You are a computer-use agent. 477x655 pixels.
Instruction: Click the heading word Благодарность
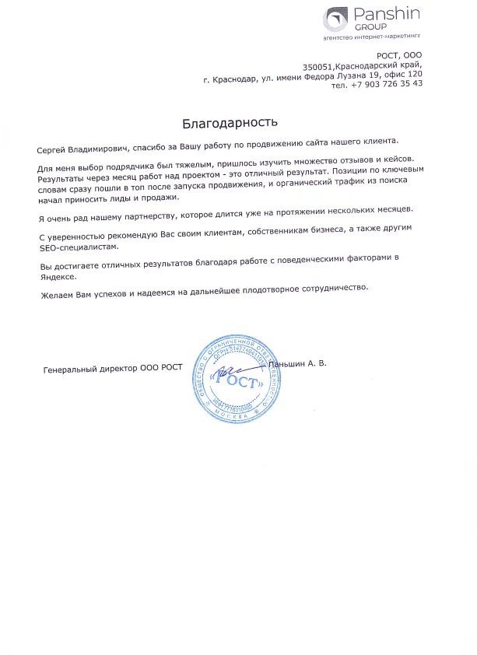pos(230,122)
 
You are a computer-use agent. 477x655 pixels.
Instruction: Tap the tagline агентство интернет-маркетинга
pos(371,37)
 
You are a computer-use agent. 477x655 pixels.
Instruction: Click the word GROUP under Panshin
pos(366,26)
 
